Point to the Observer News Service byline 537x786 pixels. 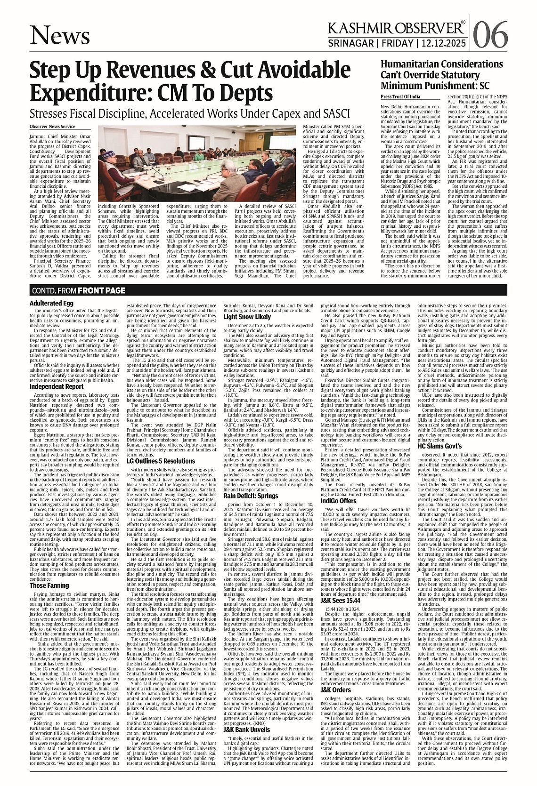point(52,127)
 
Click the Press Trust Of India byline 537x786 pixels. point(400,96)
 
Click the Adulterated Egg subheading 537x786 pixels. point(51,304)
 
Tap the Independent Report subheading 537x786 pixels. point(57,400)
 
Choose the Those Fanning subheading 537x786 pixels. point(49,585)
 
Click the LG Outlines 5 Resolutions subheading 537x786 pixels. point(161,461)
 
